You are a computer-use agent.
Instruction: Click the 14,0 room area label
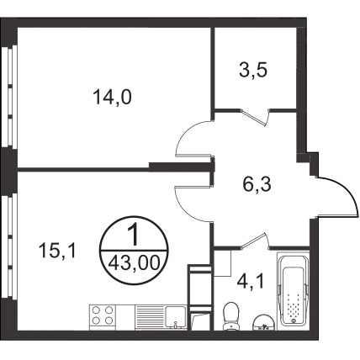click(x=112, y=97)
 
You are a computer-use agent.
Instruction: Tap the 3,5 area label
click(x=253, y=70)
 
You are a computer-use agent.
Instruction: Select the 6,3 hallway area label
click(x=257, y=184)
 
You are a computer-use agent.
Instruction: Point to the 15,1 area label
click(x=57, y=250)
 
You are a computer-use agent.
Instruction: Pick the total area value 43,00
click(x=134, y=263)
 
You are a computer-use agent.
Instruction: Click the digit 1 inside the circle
click(x=134, y=236)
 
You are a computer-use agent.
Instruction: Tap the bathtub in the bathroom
click(x=293, y=292)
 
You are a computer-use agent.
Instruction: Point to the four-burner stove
click(x=103, y=317)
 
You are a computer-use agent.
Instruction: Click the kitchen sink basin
click(x=176, y=317)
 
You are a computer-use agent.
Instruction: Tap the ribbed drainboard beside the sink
click(x=150, y=317)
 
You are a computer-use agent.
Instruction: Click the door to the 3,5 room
click(x=254, y=117)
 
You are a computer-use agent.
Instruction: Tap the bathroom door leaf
click(x=253, y=241)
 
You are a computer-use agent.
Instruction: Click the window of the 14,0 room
click(x=10, y=96)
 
